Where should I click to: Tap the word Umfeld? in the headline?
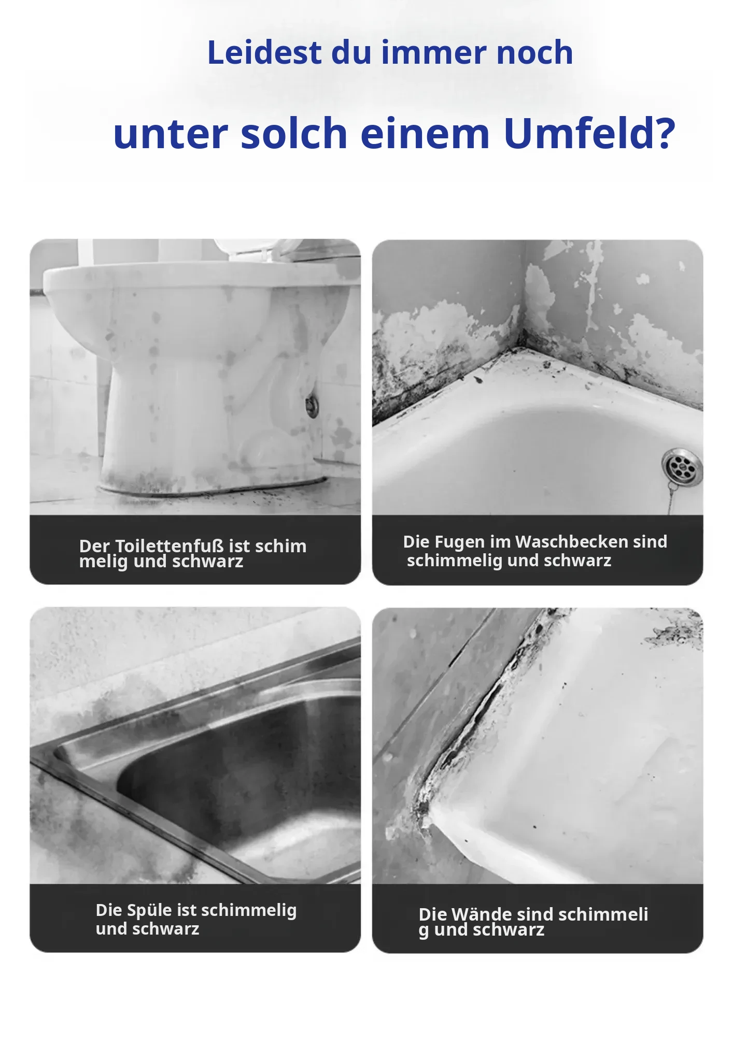589,133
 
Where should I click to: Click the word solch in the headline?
294,133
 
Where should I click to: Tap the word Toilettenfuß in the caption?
170,546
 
